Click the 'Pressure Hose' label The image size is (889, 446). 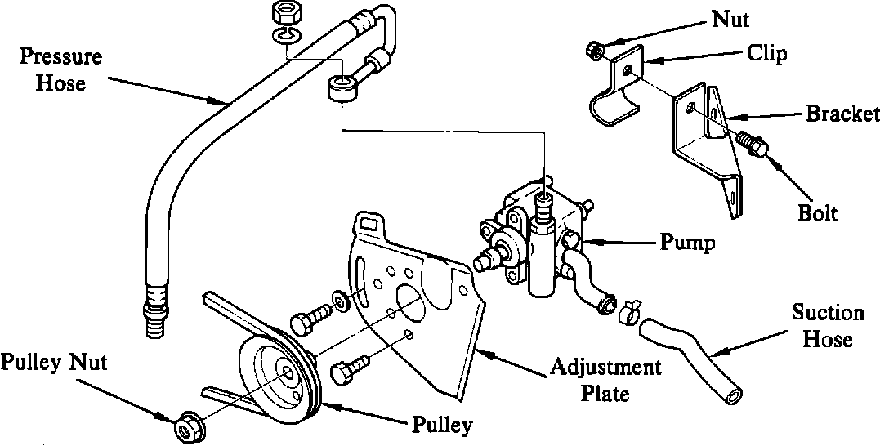60,69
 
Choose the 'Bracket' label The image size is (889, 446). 842,114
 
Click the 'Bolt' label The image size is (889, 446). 817,214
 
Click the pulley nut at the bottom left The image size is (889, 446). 185,424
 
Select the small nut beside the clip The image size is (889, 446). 594,50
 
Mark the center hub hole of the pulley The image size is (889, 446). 290,372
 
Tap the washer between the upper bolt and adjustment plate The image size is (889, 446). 338,299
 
